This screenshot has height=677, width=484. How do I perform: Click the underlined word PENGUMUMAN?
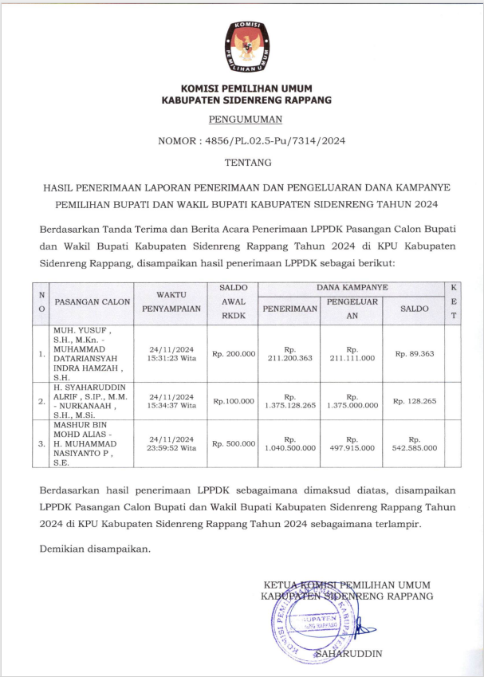pyautogui.click(x=246, y=120)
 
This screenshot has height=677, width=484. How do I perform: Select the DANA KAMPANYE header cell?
pyautogui.click(x=352, y=286)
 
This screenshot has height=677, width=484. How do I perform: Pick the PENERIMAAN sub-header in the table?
pyautogui.click(x=289, y=308)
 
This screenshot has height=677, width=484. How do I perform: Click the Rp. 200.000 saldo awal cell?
pyautogui.click(x=233, y=353)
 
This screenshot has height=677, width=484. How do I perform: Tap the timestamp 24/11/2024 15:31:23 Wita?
pyautogui.click(x=171, y=353)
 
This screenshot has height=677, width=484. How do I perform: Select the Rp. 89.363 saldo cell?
pyautogui.click(x=414, y=353)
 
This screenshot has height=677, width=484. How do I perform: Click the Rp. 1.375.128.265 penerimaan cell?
pyautogui.click(x=289, y=401)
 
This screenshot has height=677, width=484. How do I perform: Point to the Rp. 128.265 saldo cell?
pyautogui.click(x=414, y=401)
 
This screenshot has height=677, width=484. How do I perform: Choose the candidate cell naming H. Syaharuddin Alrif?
pyautogui.click(x=87, y=401)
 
